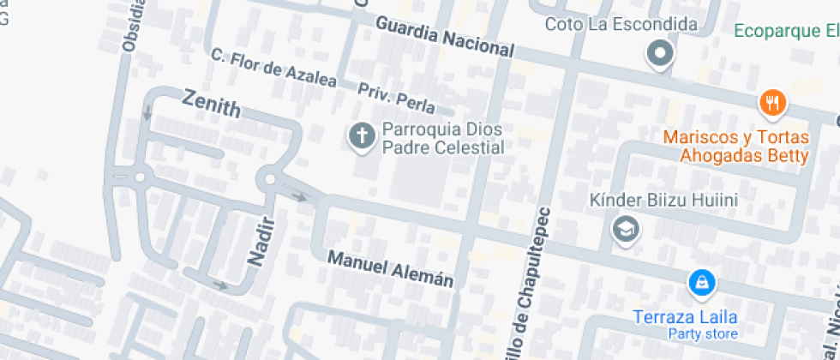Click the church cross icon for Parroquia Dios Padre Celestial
coord(362,135)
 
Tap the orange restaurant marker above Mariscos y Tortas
coord(772,104)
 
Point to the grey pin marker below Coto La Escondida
coord(660,55)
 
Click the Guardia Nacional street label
coord(445,38)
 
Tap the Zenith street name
coord(212,105)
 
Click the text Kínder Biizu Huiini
coord(663,200)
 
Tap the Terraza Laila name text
coord(685,316)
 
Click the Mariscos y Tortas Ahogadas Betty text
coord(736,146)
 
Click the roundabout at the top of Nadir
coord(271,179)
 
